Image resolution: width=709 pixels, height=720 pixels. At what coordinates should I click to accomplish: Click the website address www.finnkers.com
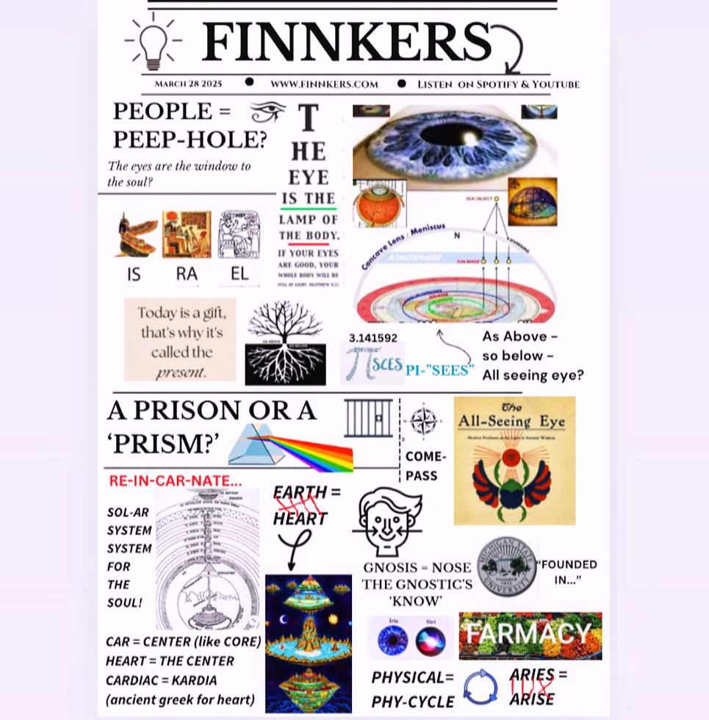324,84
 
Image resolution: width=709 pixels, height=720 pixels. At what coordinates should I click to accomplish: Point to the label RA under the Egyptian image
186,274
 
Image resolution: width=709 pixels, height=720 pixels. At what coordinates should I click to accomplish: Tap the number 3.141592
374,338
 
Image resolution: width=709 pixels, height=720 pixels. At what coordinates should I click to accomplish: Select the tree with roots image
285,342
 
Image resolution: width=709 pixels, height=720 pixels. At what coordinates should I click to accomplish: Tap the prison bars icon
368,418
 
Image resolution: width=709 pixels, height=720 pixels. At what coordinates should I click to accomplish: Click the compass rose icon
423,422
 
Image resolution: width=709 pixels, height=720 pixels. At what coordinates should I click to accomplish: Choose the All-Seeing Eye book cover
514,460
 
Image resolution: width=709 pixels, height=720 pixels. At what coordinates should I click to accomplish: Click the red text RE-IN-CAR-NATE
175,481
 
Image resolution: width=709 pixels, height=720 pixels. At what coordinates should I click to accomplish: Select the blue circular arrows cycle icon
481,687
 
